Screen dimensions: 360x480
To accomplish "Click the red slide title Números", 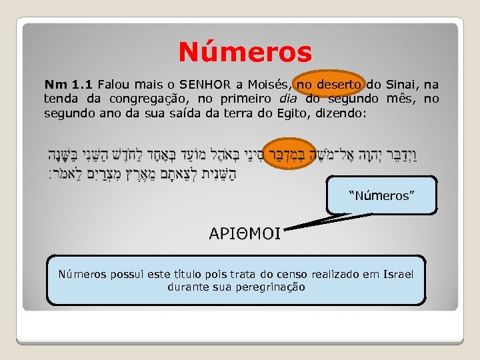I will [x=245, y=51].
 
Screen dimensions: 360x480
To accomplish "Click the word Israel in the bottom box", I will [x=399, y=275].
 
